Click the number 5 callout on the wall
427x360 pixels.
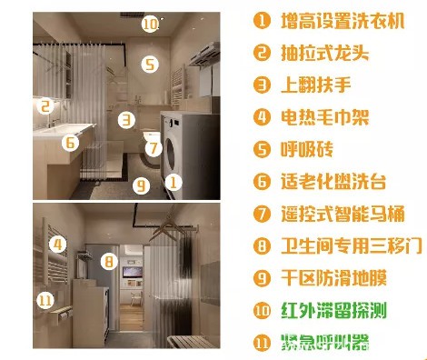click(x=150, y=65)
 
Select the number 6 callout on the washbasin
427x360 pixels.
click(x=70, y=142)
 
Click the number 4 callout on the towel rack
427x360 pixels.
click(x=58, y=244)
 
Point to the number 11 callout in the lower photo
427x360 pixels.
click(x=45, y=299)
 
